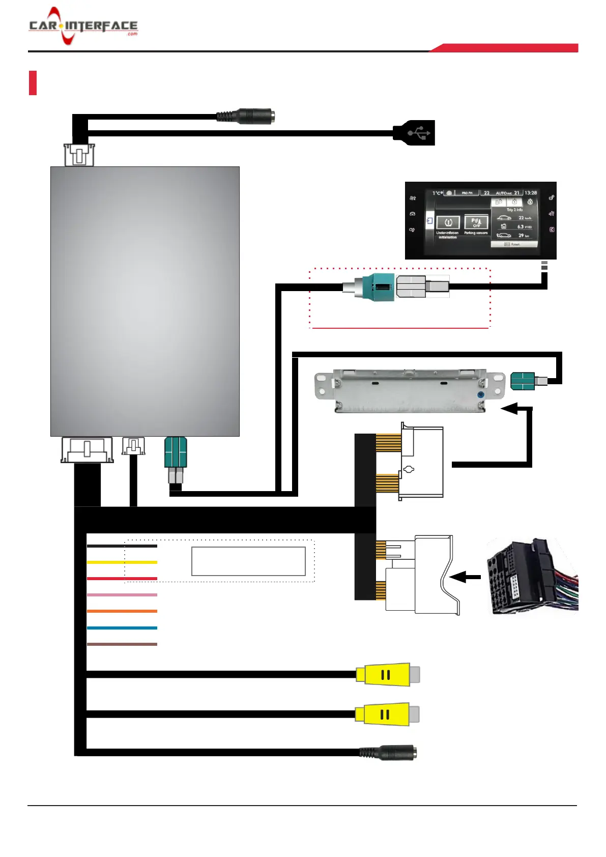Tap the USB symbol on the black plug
(418, 133)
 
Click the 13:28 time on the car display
(531, 193)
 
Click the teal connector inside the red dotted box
(380, 287)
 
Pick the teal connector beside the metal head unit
(523, 381)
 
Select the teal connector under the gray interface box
(176, 452)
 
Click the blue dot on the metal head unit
(480, 395)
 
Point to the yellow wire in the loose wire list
(122, 562)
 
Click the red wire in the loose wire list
(122, 579)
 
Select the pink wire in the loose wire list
(122, 595)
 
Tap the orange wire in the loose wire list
(122, 611)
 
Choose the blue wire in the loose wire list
(122, 628)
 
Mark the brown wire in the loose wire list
(122, 644)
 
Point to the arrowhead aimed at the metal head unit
(509, 408)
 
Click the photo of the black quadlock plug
(532, 577)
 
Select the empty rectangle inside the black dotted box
(248, 561)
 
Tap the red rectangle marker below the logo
(33, 82)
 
